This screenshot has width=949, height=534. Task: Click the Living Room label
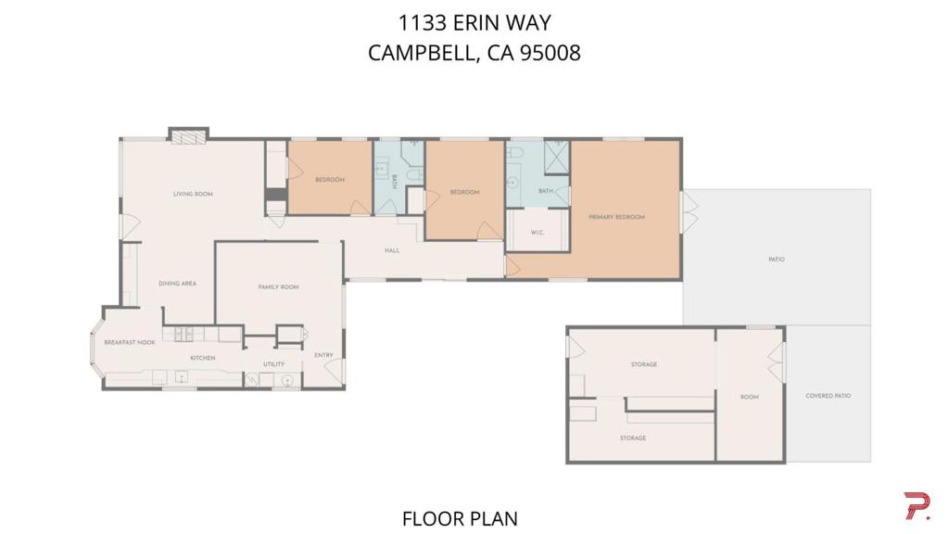pos(193,195)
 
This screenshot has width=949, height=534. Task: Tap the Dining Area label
pos(177,284)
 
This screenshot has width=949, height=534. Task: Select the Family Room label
pos(278,287)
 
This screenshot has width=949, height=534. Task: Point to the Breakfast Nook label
pos(130,343)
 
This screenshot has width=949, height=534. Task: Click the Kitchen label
pos(203,359)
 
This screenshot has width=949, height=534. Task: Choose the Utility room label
pos(274,364)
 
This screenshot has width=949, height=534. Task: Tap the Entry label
pos(323,355)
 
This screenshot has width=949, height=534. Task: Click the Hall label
pos(392,250)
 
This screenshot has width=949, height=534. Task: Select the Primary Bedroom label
pos(616,217)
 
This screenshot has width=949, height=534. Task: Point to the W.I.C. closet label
pos(538,233)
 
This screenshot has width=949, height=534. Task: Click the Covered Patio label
pos(828,396)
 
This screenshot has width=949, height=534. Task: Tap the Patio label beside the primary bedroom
pos(777,260)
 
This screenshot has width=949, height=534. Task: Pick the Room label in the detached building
pos(749,397)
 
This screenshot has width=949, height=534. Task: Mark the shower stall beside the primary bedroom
pos(556,158)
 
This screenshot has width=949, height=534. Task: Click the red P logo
pos(917,506)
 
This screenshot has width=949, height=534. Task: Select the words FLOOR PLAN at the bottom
pos(460,519)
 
